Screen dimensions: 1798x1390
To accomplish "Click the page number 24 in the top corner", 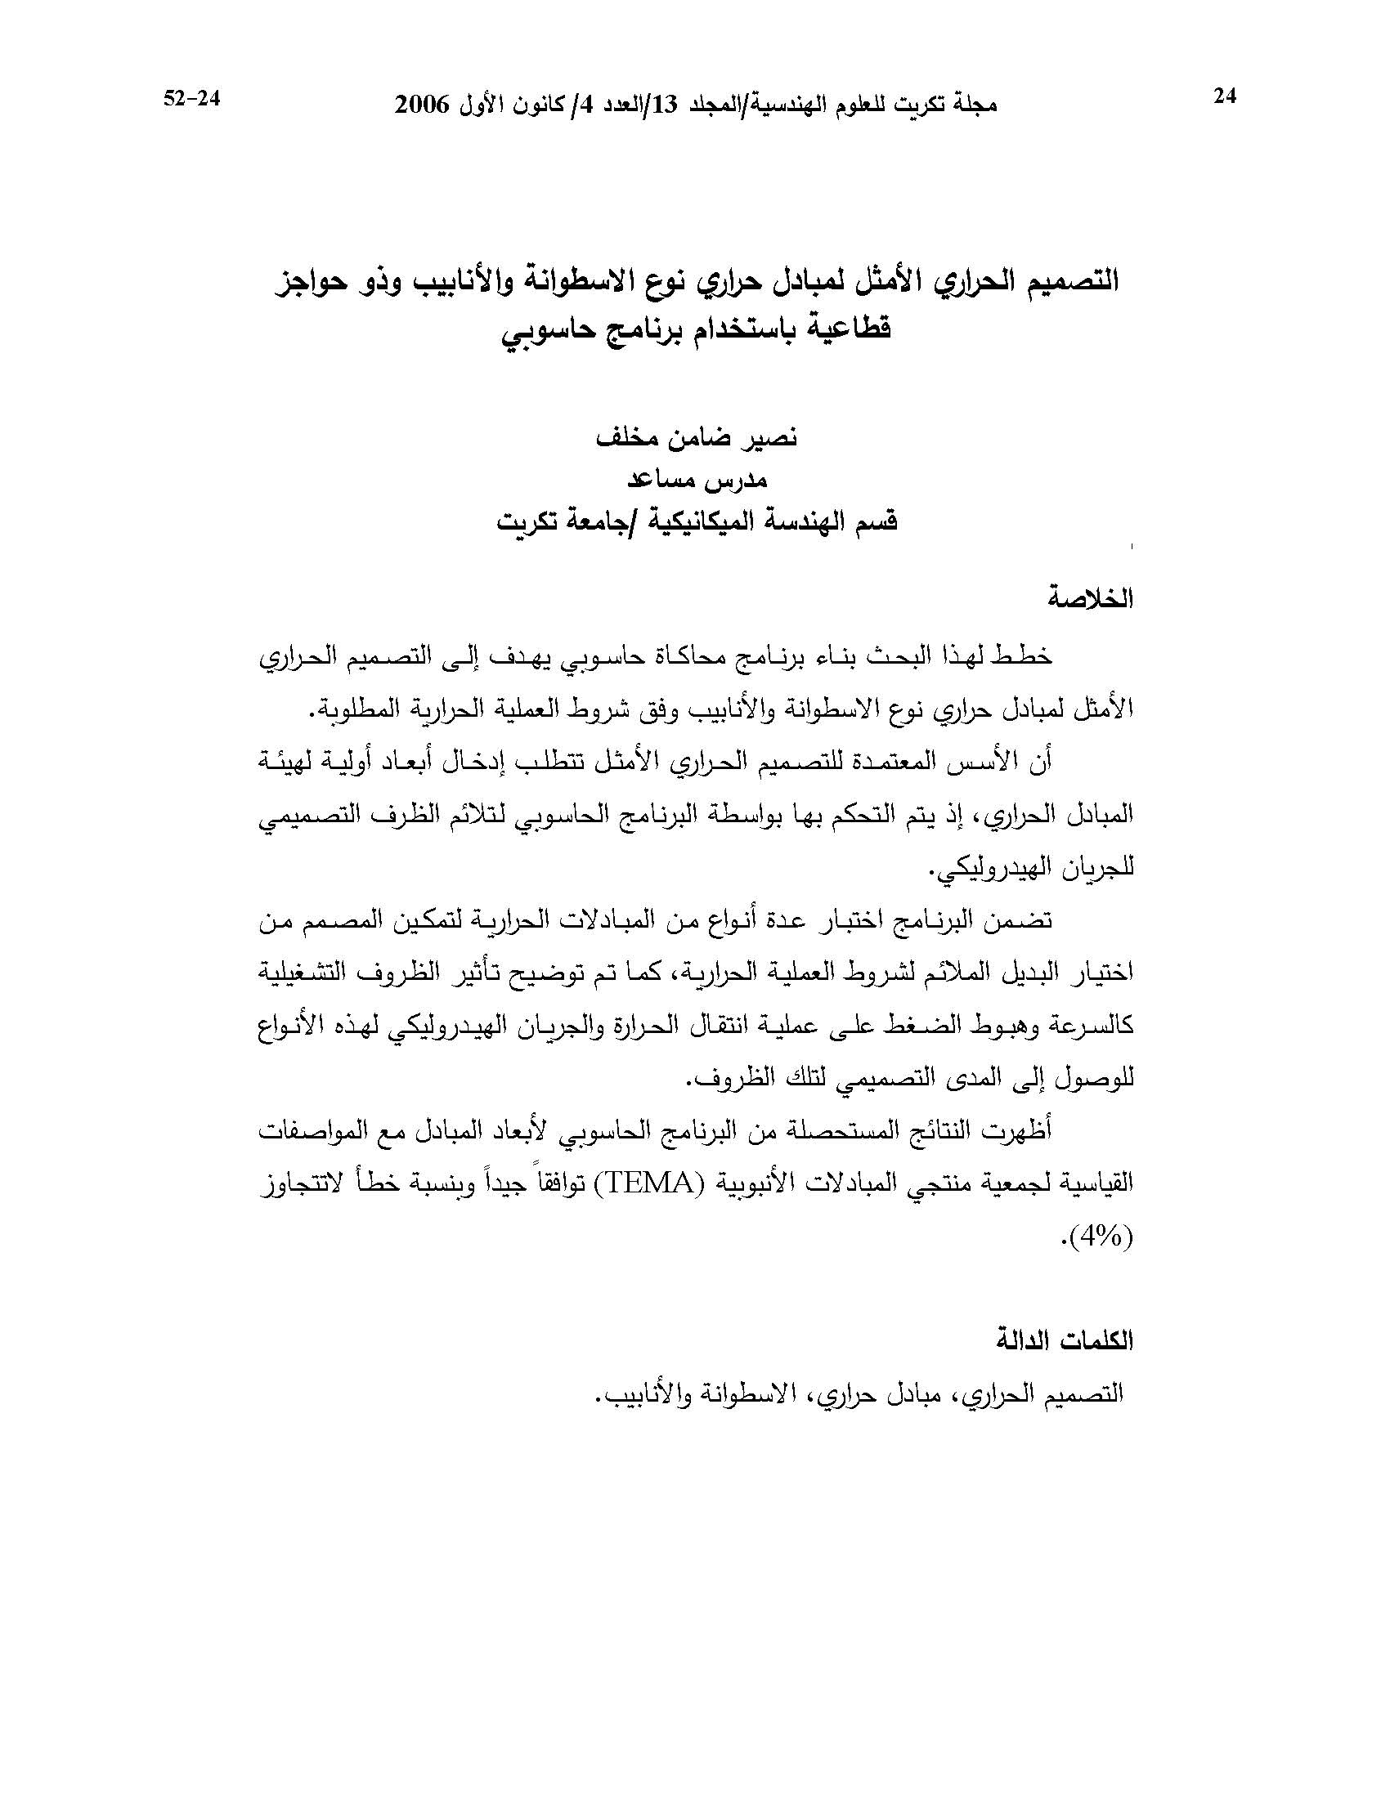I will pos(1226,97).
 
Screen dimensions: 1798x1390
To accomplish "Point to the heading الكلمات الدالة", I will pos(1065,1341).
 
